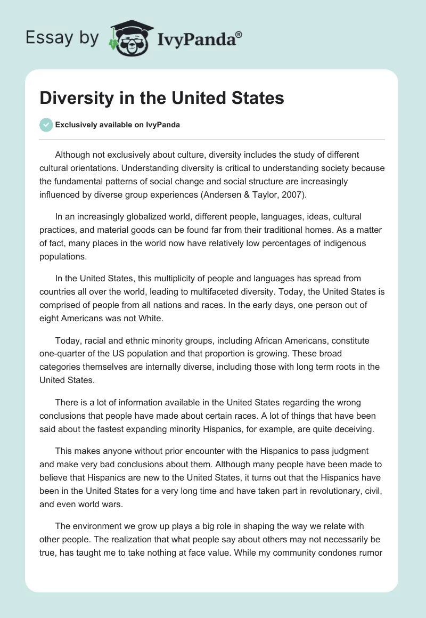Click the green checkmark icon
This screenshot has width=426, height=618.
[x=46, y=125]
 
